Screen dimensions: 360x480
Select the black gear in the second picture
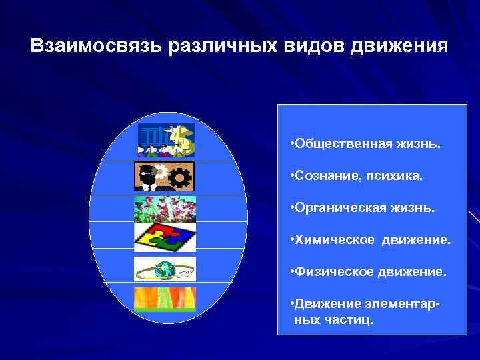coord(181,177)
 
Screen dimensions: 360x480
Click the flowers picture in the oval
coord(165,209)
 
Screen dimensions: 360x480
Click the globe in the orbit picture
coord(164,270)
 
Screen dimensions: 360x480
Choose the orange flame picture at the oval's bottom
coord(165,299)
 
